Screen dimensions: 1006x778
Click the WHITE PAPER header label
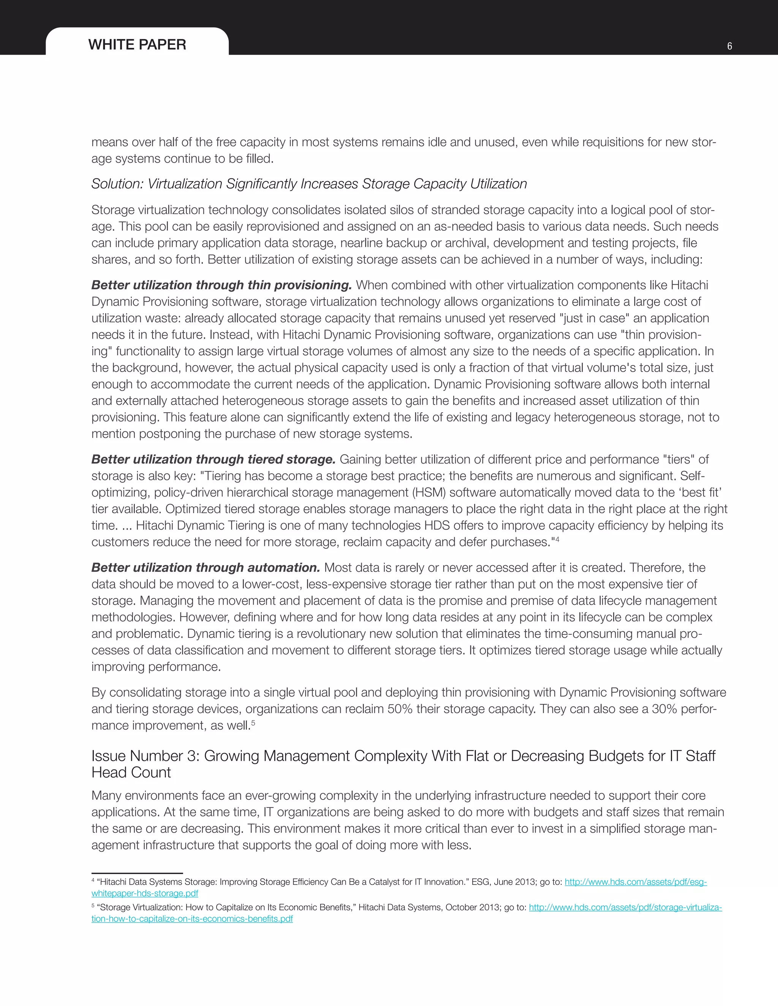click(137, 45)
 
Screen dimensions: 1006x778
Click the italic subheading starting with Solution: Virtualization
click(309, 184)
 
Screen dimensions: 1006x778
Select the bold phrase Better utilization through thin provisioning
click(221, 285)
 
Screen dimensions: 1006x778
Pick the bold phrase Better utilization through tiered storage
click(213, 459)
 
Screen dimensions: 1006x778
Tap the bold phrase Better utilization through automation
click(206, 568)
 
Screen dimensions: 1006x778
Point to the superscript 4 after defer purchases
click(557, 539)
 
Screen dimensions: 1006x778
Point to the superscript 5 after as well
click(253, 722)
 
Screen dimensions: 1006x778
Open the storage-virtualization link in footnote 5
click(625, 907)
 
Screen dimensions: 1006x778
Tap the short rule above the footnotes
click(137, 873)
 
